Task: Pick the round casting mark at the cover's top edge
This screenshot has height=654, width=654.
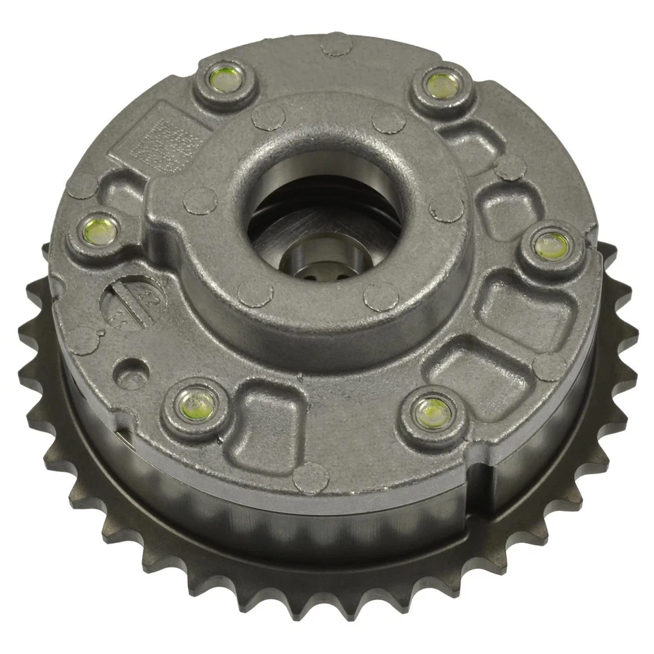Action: pyautogui.click(x=337, y=43)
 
